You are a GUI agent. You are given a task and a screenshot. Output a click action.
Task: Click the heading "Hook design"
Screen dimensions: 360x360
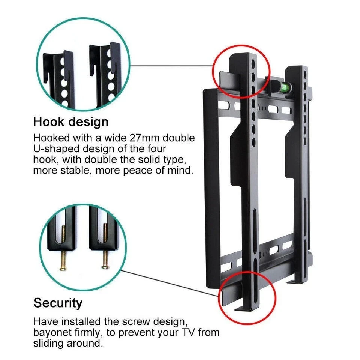71,122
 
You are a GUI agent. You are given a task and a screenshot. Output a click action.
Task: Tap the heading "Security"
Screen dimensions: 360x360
58,303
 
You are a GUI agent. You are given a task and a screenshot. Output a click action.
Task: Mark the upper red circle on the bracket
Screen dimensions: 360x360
241,71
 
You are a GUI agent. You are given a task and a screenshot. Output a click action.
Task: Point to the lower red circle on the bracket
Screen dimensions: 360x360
247,297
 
